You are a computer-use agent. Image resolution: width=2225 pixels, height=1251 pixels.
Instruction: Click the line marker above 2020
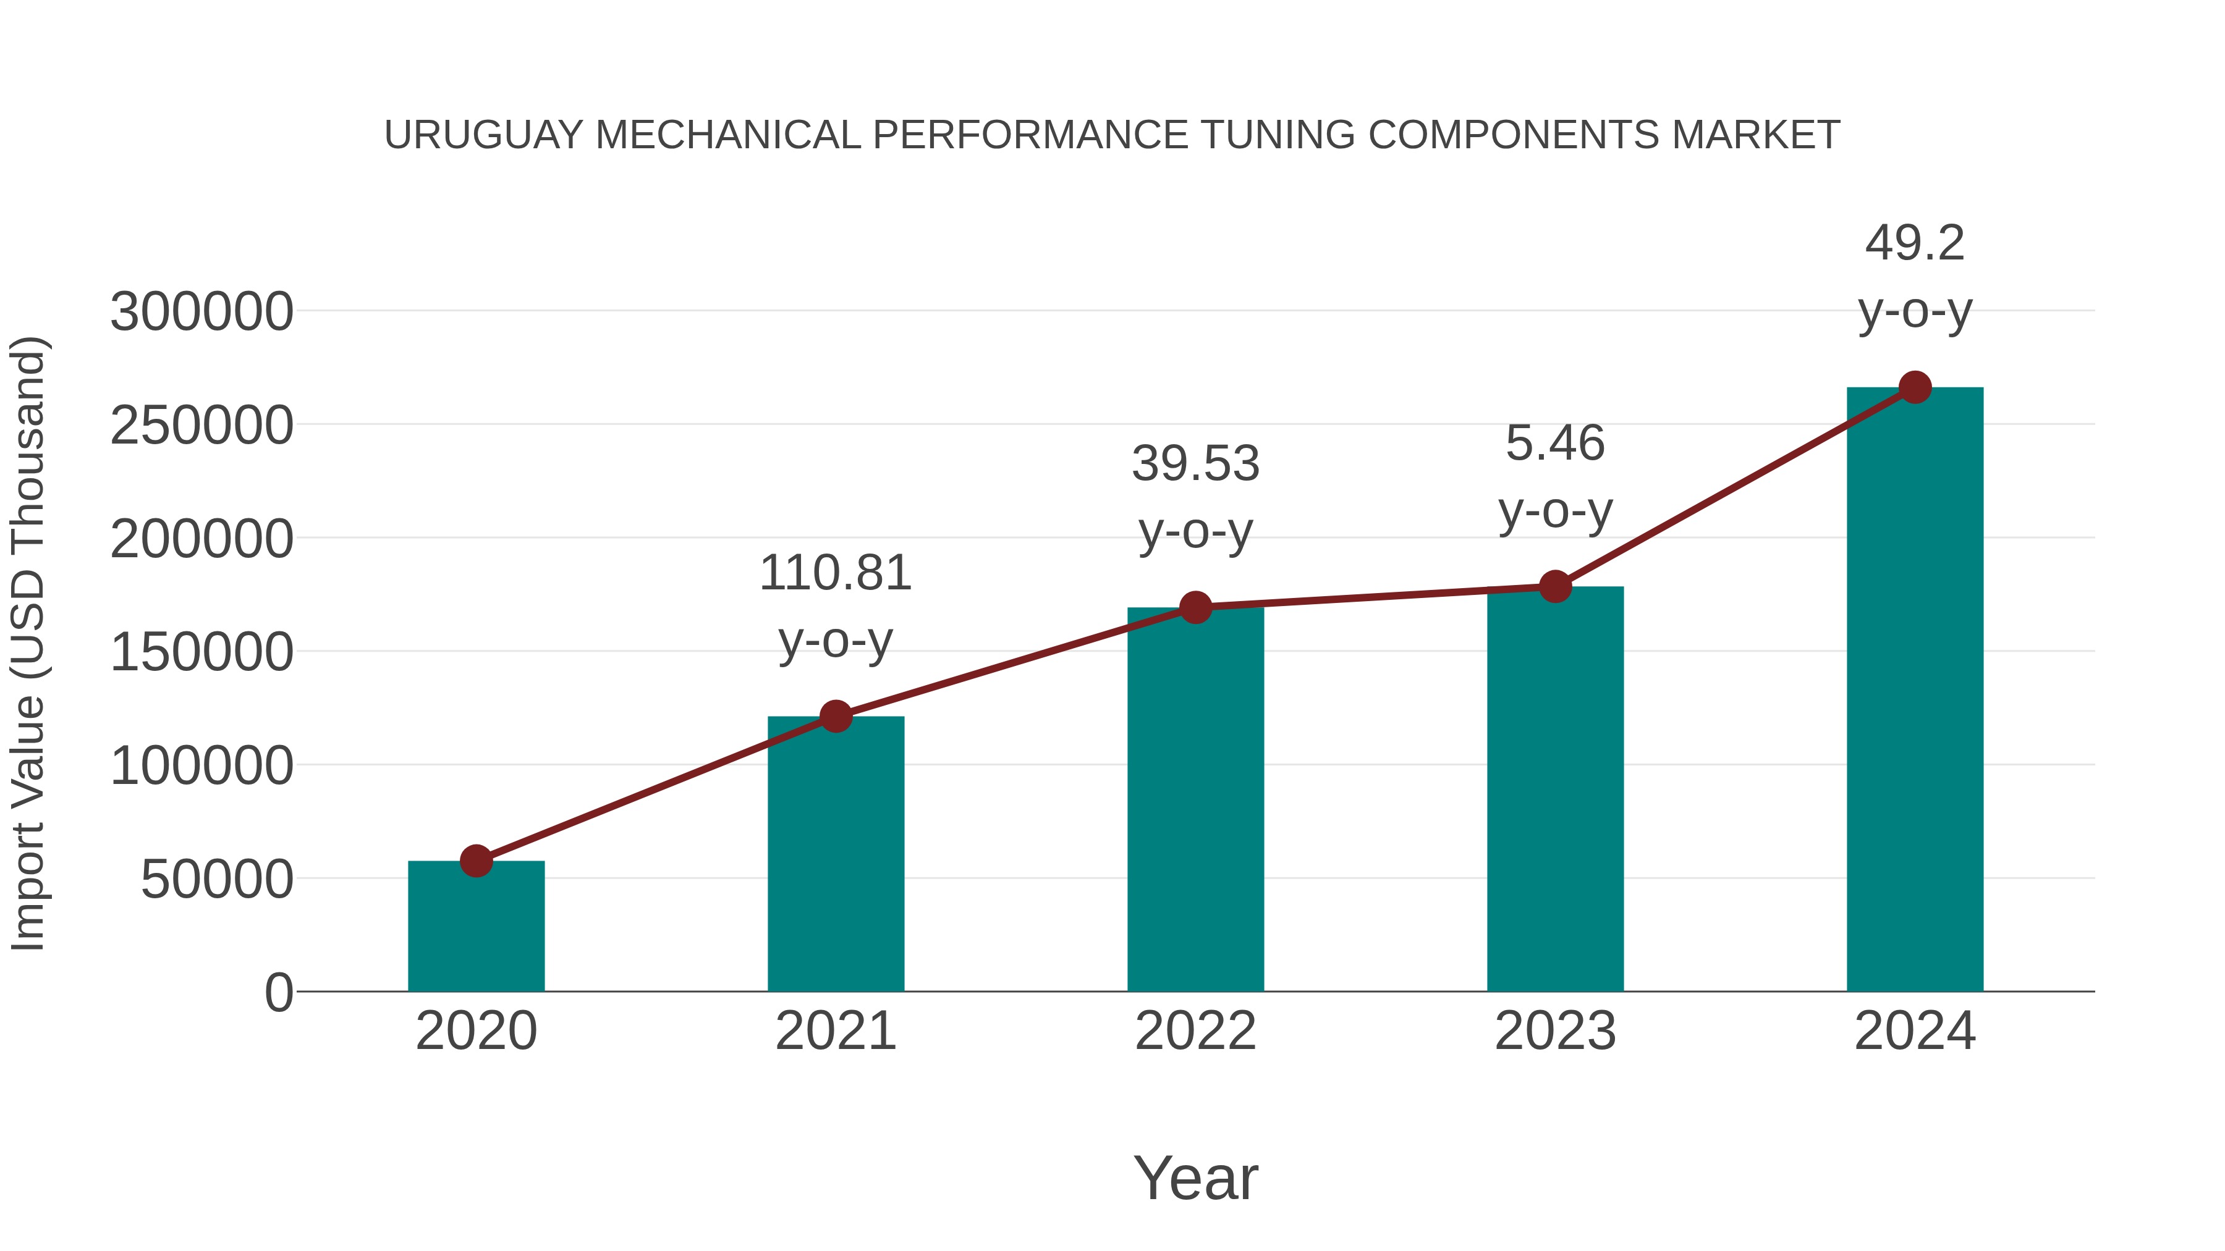click(x=476, y=861)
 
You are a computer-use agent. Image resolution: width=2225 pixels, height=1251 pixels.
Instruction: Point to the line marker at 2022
click(x=1195, y=608)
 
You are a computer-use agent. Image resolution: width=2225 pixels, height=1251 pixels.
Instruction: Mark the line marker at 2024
click(x=1915, y=387)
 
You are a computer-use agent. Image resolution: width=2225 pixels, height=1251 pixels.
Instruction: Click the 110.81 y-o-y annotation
click(x=835, y=607)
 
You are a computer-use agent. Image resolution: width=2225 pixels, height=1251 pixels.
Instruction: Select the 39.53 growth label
click(x=1195, y=497)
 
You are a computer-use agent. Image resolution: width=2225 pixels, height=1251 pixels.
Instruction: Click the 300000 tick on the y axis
click(x=201, y=312)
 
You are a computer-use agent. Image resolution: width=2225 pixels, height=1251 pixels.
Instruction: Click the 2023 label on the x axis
click(x=1555, y=1031)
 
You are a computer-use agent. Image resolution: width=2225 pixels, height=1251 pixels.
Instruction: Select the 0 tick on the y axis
click(x=278, y=993)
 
